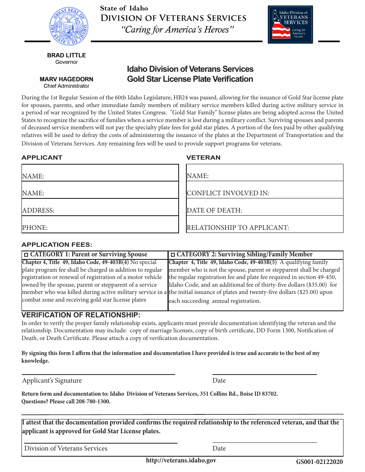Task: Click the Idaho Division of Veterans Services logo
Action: [290, 24]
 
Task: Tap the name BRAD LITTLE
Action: [66, 55]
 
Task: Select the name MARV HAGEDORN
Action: [66, 79]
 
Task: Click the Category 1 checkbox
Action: [26, 255]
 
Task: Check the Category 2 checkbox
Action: [173, 255]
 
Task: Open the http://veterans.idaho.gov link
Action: [181, 460]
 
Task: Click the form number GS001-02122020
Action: [319, 462]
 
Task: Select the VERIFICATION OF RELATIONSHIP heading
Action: [81, 315]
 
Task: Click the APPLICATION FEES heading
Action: [57, 245]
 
